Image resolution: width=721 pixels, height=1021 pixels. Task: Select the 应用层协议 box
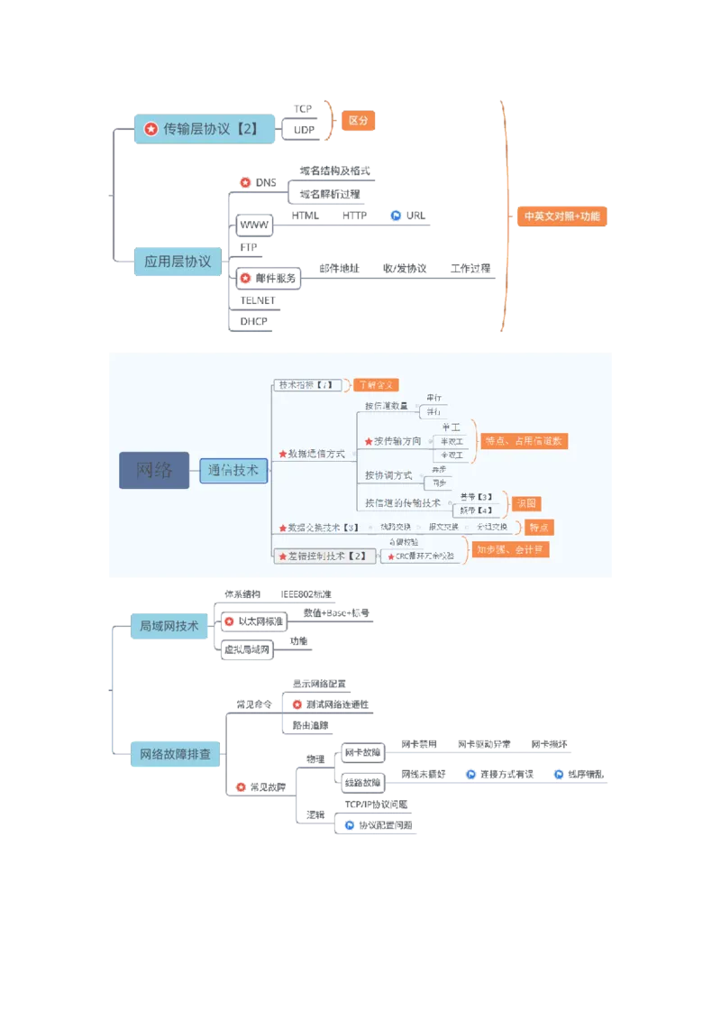pyautogui.click(x=177, y=262)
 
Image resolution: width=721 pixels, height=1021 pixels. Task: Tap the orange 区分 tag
pyautogui.click(x=358, y=121)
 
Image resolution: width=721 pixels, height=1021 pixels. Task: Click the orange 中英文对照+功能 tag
pyautogui.click(x=561, y=216)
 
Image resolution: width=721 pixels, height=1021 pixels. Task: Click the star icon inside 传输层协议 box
pyautogui.click(x=151, y=130)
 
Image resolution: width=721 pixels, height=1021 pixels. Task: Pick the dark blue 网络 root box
pyautogui.click(x=154, y=470)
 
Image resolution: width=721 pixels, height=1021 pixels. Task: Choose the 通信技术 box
pyautogui.click(x=233, y=470)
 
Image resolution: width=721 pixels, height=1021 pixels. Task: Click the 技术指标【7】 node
pyautogui.click(x=306, y=385)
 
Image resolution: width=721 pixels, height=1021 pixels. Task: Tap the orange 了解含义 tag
pyautogui.click(x=375, y=385)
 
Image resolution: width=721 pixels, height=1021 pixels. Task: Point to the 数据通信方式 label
pyautogui.click(x=315, y=454)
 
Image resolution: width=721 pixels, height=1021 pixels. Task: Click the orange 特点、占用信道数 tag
pyautogui.click(x=525, y=441)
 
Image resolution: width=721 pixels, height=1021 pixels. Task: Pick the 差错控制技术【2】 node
pyautogui.click(x=325, y=556)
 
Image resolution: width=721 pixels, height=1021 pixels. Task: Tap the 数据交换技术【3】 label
pyautogui.click(x=323, y=527)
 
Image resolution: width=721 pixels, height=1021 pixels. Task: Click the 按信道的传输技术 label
pyautogui.click(x=403, y=502)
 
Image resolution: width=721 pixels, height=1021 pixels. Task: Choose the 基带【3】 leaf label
pyautogui.click(x=476, y=497)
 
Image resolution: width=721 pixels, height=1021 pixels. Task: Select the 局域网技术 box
pyautogui.click(x=169, y=624)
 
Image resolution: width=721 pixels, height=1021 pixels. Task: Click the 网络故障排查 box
pyautogui.click(x=177, y=753)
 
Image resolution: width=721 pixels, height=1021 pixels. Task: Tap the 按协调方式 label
pyautogui.click(x=388, y=475)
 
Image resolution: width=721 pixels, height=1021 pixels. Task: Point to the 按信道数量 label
pyautogui.click(x=387, y=406)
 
